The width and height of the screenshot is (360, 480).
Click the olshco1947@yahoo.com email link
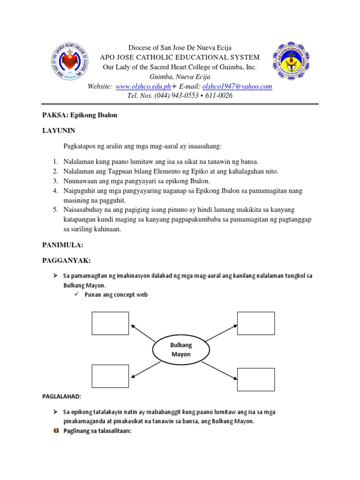coord(237,87)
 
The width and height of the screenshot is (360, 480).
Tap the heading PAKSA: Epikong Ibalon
coord(80,115)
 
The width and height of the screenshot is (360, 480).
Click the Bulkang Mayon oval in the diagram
coord(180,350)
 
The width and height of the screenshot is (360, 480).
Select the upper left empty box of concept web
coord(110,323)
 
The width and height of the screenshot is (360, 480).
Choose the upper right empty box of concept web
coord(256,323)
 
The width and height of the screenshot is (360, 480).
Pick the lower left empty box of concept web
coord(110,376)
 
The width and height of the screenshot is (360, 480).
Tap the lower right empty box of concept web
coord(256,379)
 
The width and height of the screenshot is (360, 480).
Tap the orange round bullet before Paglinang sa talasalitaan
coord(55,431)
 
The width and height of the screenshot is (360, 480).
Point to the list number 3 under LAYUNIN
coord(55,181)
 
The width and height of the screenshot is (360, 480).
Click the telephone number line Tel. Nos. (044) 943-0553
coord(180,96)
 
